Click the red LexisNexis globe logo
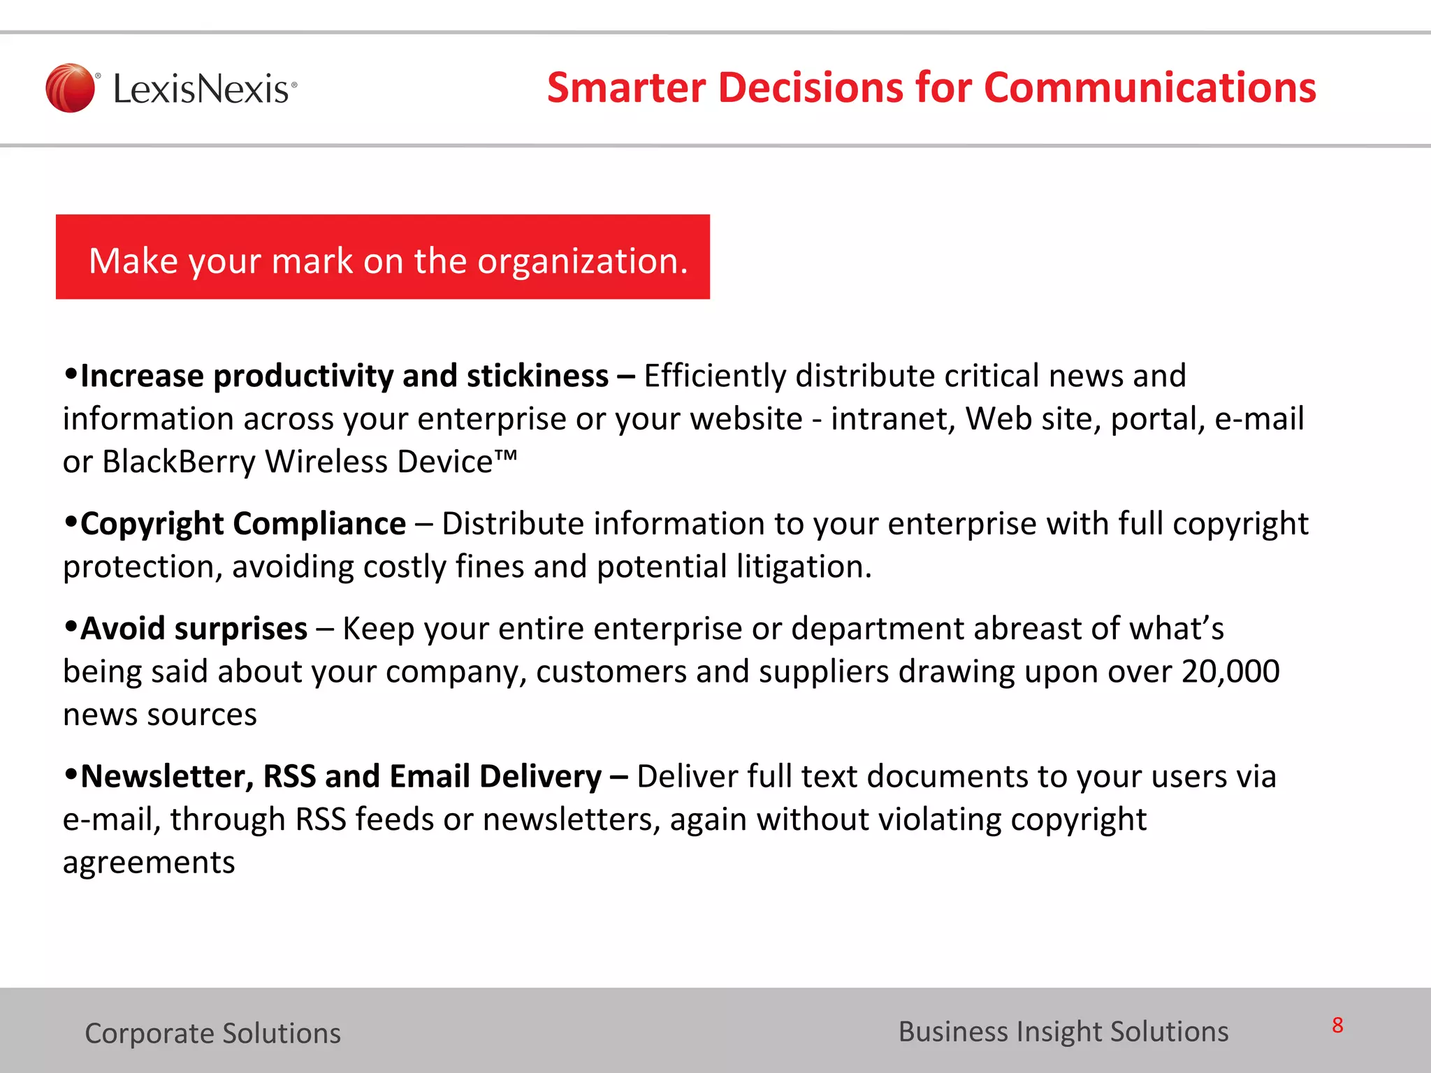tap(70, 88)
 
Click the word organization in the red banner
tap(582, 261)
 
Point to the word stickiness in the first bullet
tap(537, 376)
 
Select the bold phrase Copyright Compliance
tap(242, 524)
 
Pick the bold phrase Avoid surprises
tap(194, 629)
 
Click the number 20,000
tap(1230, 672)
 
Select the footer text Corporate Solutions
tap(212, 1033)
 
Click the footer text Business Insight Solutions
tap(1063, 1032)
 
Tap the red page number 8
tap(1337, 1025)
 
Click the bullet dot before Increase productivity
tap(70, 374)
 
